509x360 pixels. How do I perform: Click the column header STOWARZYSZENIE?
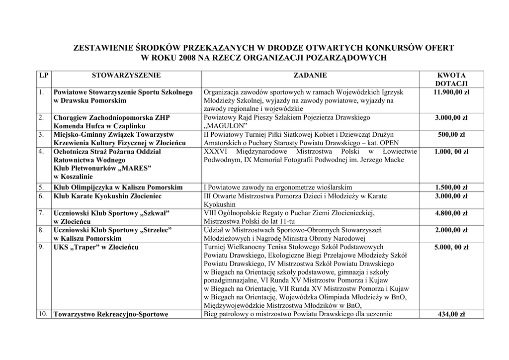pyautogui.click(x=126, y=76)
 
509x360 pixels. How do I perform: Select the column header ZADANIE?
pyautogui.click(x=310, y=76)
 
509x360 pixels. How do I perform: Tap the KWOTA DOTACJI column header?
pyautogui.click(x=451, y=80)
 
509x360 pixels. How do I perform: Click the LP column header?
pyautogui.click(x=44, y=76)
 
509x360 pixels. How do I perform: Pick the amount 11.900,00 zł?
pyautogui.click(x=451, y=92)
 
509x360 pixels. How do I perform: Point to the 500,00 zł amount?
pyautogui.click(x=451, y=135)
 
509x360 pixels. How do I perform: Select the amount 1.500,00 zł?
pyautogui.click(x=451, y=187)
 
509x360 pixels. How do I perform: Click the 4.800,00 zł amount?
pyautogui.click(x=451, y=213)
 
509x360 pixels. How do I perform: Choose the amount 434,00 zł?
pyautogui.click(x=451, y=314)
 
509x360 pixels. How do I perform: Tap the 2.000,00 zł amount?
pyautogui.click(x=451, y=230)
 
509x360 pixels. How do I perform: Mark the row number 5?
pyautogui.click(x=41, y=187)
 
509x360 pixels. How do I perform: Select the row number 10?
pyautogui.click(x=43, y=314)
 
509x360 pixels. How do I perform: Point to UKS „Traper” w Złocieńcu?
pyautogui.click(x=96, y=247)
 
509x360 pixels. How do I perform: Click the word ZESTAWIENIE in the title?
pyautogui.click(x=102, y=48)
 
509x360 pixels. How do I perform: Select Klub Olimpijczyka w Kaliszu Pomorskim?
pyautogui.click(x=118, y=187)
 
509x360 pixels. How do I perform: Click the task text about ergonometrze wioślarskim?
pyautogui.click(x=278, y=187)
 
